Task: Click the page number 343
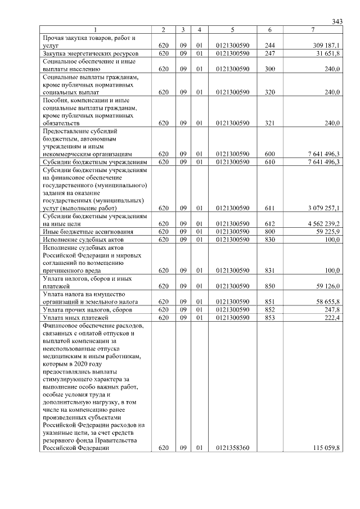point(337,21)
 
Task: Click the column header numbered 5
point(232,29)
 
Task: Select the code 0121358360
point(232,448)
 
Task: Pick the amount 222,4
point(332,318)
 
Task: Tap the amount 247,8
point(332,310)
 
